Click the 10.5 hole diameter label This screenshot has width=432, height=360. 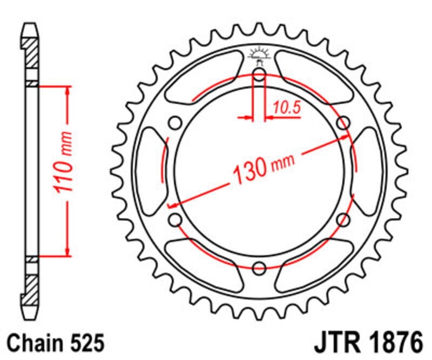(x=286, y=108)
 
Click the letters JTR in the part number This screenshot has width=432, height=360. (x=334, y=344)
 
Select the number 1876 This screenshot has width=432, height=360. (x=393, y=344)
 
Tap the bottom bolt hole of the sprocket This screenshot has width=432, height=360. (x=259, y=266)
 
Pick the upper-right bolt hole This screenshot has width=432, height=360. (x=342, y=123)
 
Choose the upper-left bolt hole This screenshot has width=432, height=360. (x=175, y=123)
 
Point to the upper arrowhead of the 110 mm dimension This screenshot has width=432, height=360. (x=67, y=90)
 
